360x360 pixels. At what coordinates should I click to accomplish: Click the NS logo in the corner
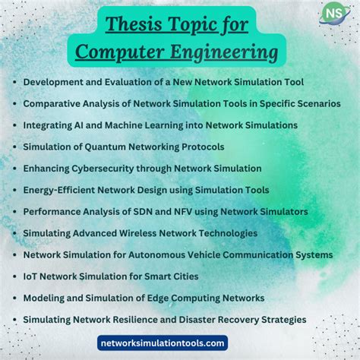coord(331,14)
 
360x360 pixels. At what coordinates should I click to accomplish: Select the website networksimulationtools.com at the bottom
coord(163,343)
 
